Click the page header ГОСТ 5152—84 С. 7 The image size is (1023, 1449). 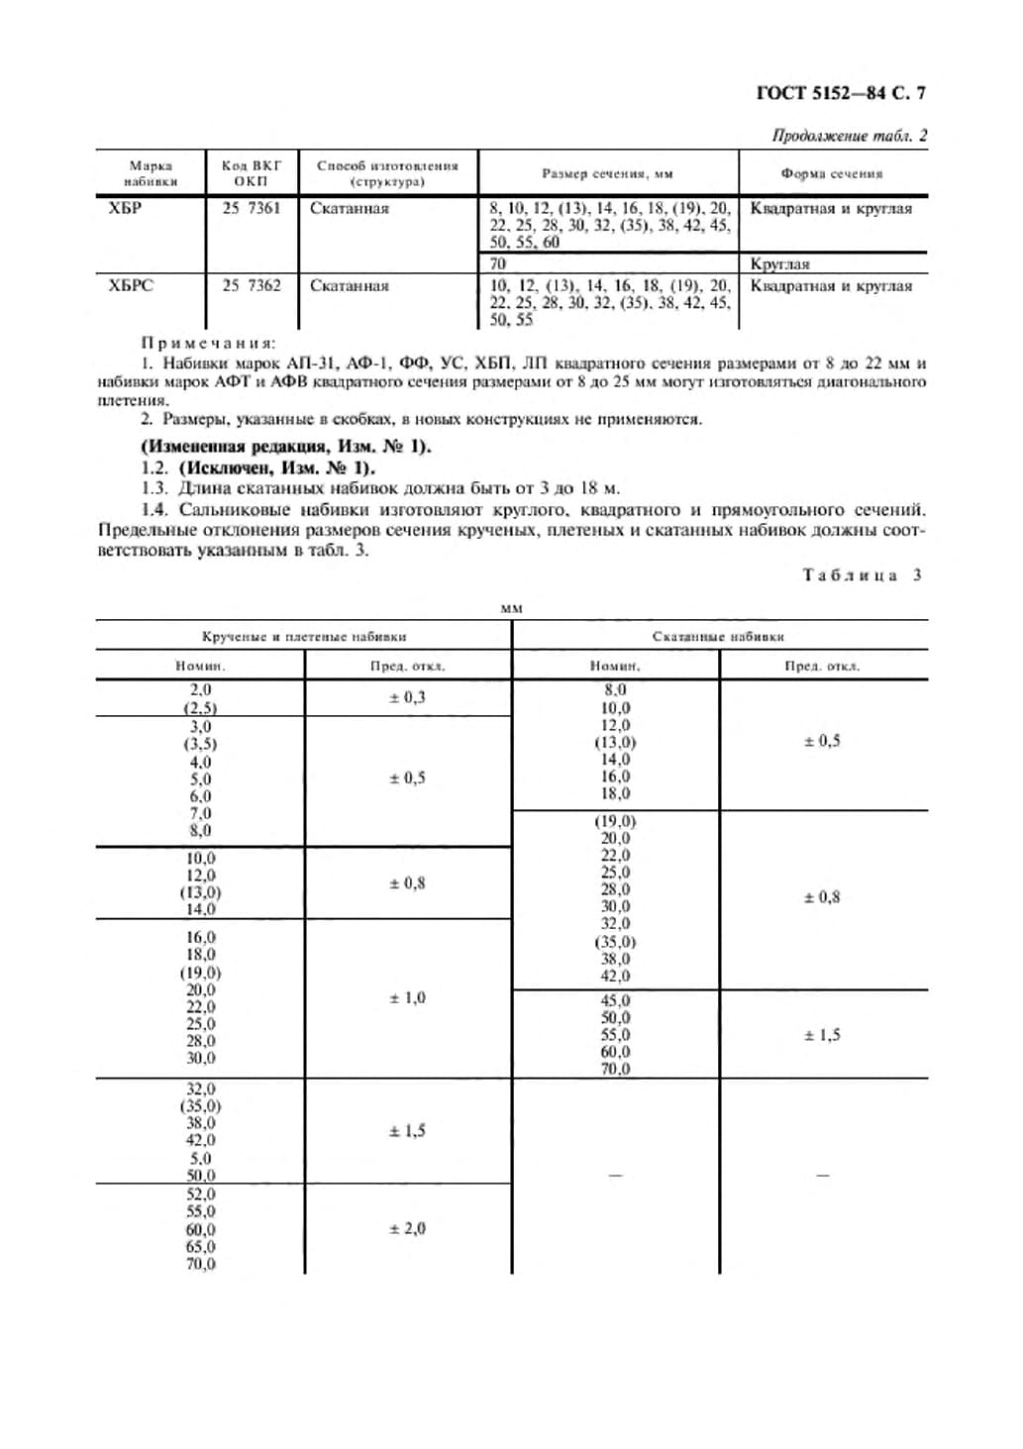tap(841, 94)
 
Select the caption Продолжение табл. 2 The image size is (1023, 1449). tap(849, 136)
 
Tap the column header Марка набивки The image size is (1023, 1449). tap(151, 173)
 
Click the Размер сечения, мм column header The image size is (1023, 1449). tap(607, 173)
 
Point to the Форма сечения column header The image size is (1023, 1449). tap(831, 173)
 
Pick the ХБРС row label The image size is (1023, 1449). tap(131, 285)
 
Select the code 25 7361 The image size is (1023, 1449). tap(252, 208)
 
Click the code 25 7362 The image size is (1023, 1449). tap(252, 285)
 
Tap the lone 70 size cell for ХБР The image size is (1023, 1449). tap(497, 263)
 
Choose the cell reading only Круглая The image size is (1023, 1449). tap(779, 264)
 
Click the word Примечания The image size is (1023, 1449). tap(207, 343)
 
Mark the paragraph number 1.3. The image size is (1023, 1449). tap(154, 488)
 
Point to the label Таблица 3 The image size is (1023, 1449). tap(862, 574)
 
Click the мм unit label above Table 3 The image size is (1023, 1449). tap(511, 608)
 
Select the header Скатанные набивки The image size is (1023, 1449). tap(718, 636)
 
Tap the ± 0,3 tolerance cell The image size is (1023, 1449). tap(407, 697)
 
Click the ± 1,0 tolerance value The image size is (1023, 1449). tap(407, 997)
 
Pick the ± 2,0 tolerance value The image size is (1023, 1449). tap(407, 1228)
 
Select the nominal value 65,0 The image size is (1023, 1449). tap(200, 1246)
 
